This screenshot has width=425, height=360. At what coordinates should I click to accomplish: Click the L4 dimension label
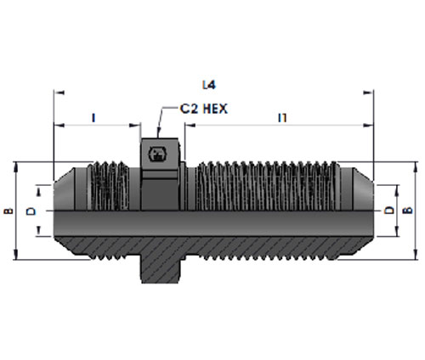coord(209,85)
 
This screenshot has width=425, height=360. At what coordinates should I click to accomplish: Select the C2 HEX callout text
coord(204,109)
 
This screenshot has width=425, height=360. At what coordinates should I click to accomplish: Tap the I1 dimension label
coord(282,118)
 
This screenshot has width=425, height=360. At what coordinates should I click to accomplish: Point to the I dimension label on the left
coord(93,118)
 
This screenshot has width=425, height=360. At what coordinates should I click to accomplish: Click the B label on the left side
coord(9,211)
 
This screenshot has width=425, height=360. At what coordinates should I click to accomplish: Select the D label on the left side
coord(31,211)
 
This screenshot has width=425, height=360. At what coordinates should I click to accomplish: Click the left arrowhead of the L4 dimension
coord(59,93)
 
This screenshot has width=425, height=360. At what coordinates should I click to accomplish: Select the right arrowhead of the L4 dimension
coord(368,93)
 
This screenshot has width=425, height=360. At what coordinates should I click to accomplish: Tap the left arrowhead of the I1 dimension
coord(190,125)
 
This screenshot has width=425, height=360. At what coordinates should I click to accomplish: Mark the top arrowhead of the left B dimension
coord(16,167)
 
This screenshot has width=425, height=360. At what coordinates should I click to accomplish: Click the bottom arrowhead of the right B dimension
coord(416,255)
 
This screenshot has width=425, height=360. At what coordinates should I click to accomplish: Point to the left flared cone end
coord(65,189)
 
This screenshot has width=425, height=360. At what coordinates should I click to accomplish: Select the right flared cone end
coord(363,189)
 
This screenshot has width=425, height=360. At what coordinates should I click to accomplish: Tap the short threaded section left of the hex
coord(109,186)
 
